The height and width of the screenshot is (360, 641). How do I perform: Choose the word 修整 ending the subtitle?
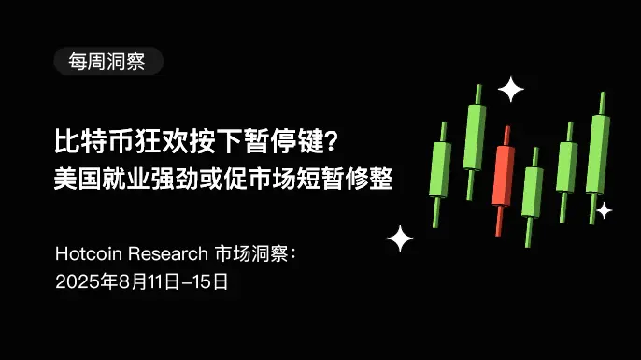pos(368,178)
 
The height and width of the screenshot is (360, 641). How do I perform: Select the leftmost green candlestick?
pos(440,171)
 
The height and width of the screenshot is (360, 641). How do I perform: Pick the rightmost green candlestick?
pos(597,154)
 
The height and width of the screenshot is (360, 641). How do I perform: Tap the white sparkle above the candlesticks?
pos(511,89)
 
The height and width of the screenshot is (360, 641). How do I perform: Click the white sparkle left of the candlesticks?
pos(400,238)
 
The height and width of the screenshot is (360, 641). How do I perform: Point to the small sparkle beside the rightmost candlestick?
pos(605,210)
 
